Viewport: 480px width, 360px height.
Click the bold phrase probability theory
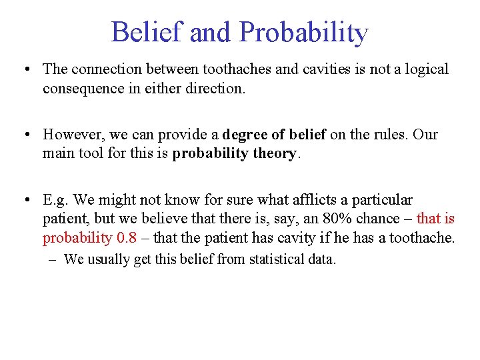[234, 153]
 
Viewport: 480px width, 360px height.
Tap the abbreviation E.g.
[56, 200]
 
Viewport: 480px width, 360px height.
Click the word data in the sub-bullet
[323, 259]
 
